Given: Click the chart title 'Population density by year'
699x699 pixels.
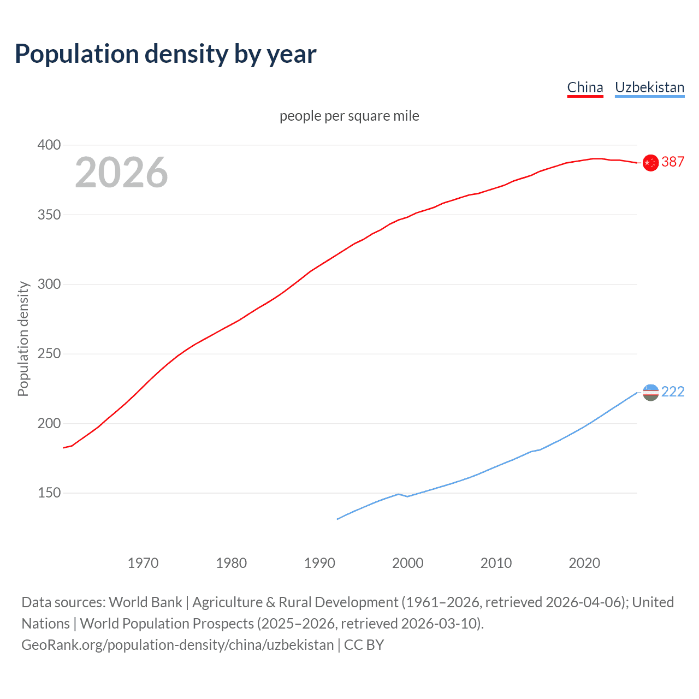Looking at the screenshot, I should (x=165, y=54).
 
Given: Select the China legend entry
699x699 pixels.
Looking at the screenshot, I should (x=585, y=87).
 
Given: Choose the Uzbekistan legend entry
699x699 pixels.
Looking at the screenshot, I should (x=649, y=87).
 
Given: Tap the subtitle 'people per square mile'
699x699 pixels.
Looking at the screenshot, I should (x=349, y=116).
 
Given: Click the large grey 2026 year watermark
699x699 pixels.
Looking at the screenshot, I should (x=121, y=173).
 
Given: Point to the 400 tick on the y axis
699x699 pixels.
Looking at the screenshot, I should (x=49, y=145).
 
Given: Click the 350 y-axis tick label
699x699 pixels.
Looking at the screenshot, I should (x=49, y=215).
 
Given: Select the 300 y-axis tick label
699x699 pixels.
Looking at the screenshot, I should (x=49, y=285).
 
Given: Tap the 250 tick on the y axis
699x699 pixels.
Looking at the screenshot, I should (x=49, y=354).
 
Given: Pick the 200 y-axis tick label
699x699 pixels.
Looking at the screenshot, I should (x=49, y=424).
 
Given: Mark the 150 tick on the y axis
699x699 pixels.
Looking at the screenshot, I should (x=49, y=493).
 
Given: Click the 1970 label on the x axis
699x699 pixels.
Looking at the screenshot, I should (x=143, y=563).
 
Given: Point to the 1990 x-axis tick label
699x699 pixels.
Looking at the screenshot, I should (x=319, y=563).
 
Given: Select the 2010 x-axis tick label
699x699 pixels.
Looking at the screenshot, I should (x=496, y=563).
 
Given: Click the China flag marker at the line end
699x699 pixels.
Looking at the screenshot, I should (x=650, y=163).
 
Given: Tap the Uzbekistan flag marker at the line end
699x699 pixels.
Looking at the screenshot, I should (x=650, y=392).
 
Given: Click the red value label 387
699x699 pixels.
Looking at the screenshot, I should (x=673, y=162).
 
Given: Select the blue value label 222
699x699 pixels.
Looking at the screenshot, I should (x=673, y=392).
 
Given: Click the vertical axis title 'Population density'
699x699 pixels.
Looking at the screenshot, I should (x=23, y=339).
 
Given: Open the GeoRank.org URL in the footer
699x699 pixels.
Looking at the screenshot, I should (x=177, y=645).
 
